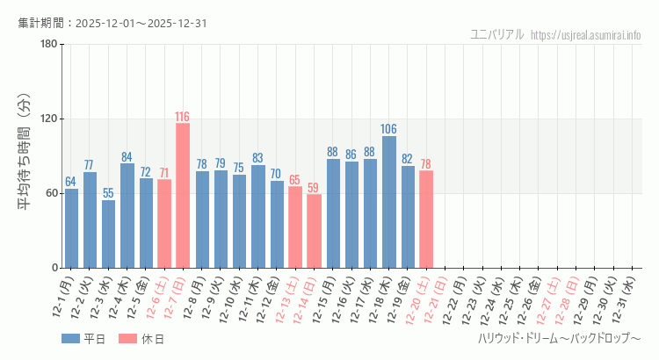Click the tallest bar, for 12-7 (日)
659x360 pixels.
point(183,195)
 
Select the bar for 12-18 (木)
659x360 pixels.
point(388,202)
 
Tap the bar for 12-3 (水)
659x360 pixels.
point(108,234)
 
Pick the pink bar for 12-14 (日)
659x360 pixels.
point(314,231)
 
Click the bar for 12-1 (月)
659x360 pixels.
point(71,228)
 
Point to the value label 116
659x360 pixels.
point(183,117)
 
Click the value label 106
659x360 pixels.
point(388,130)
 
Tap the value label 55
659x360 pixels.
point(108,193)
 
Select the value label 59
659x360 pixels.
point(314,188)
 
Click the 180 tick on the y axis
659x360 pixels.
point(49,44)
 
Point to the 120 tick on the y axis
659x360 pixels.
point(49,119)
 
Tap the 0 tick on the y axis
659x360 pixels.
point(54,268)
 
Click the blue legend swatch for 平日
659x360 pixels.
point(70,339)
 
